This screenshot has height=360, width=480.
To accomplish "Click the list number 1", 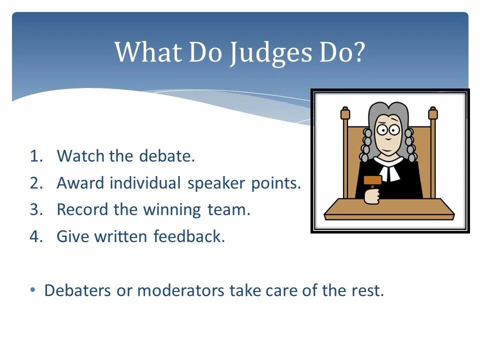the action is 35,156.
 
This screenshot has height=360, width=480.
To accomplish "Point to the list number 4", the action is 36,236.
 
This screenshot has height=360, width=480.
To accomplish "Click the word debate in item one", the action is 167,155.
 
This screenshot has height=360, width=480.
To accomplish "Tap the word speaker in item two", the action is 216,183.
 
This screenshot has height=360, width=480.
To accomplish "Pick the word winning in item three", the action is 172,210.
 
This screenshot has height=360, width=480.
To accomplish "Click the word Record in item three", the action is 82,209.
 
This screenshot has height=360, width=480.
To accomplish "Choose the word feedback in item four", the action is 189,236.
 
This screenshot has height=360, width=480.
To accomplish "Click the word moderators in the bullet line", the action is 180,290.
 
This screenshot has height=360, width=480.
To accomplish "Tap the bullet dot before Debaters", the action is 33,289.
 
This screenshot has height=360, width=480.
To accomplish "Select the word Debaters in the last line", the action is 77,290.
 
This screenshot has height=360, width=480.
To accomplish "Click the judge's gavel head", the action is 372,180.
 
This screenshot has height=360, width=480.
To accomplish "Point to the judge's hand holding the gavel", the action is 372,196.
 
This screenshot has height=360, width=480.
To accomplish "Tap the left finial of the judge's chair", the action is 345,113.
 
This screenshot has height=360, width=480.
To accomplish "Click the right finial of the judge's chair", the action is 433,113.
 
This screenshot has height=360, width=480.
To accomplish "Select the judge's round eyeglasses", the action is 387,130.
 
